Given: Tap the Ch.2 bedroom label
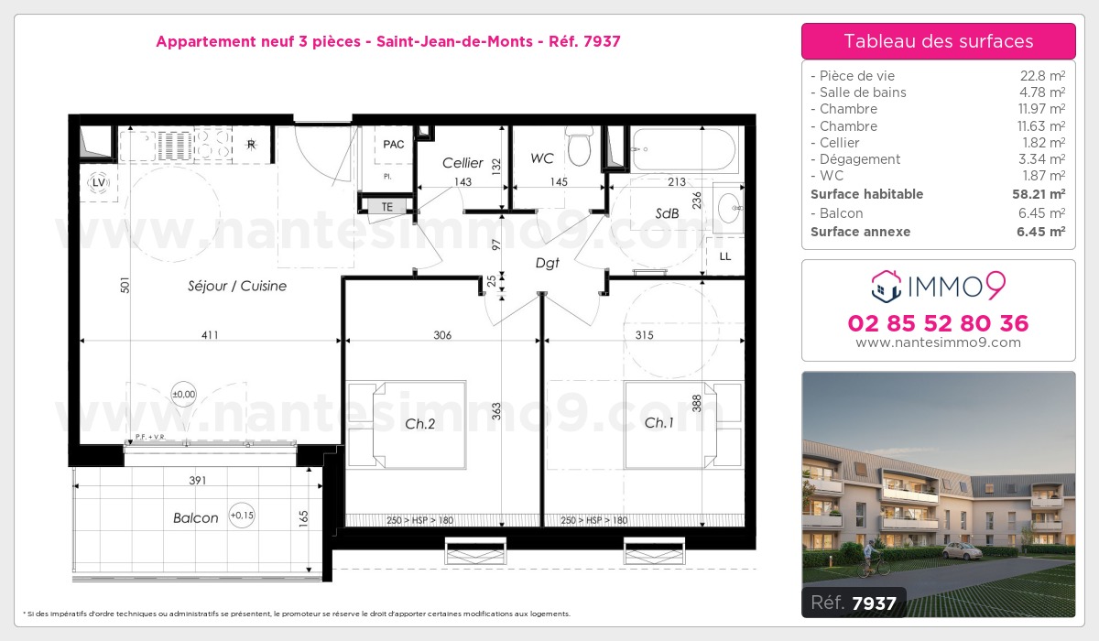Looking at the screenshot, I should tap(419, 423).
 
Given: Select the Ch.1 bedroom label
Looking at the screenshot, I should tap(658, 423).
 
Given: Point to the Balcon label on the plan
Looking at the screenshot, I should tap(196, 518).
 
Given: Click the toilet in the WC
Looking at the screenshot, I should tap(578, 146).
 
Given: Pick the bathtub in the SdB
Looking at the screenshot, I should tap(684, 150).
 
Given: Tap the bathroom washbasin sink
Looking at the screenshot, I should tap(730, 210).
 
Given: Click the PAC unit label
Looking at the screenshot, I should tap(394, 145).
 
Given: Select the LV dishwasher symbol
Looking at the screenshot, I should tap(98, 183).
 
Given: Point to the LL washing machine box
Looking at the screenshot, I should tap(724, 256).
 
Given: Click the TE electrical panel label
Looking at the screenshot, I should tap(387, 208).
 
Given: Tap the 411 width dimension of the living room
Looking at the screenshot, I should tap(210, 335).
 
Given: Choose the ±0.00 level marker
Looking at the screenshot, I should tap(183, 395).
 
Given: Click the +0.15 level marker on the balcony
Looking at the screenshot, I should tap(242, 516).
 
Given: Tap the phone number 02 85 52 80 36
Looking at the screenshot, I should tap(938, 323).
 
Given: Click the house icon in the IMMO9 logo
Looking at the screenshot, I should tap(885, 286).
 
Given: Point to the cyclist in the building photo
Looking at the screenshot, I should tap(879, 559).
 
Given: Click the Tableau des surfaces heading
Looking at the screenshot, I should tap(938, 41).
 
